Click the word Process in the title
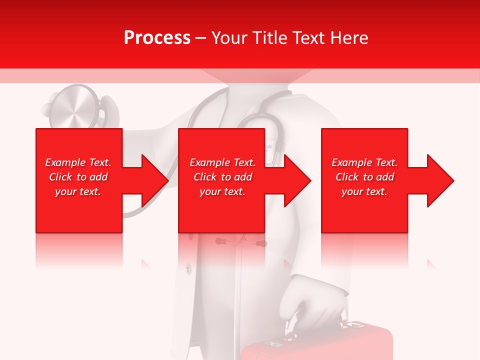pyautogui.click(x=157, y=38)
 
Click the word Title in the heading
pyautogui.click(x=268, y=38)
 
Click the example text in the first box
pyautogui.click(x=78, y=177)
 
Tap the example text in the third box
pyautogui.click(x=364, y=177)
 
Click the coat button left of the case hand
pyautogui.click(x=188, y=269)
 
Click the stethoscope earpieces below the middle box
pyautogui.click(x=240, y=243)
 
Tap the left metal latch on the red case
pyautogui.click(x=275, y=344)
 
